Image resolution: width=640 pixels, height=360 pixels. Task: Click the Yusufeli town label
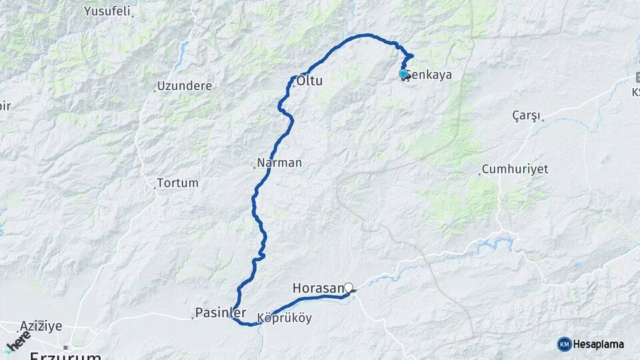click(108, 11)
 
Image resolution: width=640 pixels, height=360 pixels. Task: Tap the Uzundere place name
click(185, 86)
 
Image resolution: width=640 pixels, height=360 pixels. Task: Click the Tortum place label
click(178, 183)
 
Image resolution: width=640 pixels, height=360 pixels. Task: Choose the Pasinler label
click(221, 313)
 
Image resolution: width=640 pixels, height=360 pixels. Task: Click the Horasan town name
click(318, 288)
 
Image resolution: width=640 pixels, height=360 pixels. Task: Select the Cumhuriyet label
click(515, 169)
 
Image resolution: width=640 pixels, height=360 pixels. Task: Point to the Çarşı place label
click(526, 115)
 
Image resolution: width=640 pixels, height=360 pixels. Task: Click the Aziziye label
click(41, 326)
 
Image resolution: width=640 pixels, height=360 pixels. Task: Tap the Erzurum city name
click(65, 355)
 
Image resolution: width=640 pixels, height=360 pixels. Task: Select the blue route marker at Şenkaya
click(403, 74)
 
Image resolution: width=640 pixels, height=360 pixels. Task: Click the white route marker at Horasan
click(348, 288)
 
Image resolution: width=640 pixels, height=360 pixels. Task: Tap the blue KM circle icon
click(564, 344)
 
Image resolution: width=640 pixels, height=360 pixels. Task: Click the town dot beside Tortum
click(155, 187)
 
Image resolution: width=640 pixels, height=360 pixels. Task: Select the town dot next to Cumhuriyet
click(479, 174)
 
